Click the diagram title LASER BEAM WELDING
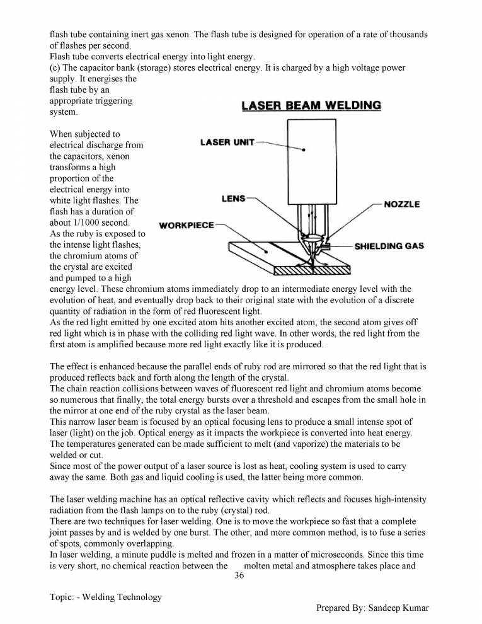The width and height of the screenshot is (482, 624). point(311,105)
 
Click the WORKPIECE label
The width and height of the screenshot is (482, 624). point(186,225)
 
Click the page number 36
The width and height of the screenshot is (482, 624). point(239,575)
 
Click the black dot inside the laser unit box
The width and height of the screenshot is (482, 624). point(304,151)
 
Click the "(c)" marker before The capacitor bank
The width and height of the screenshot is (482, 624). point(55,67)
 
